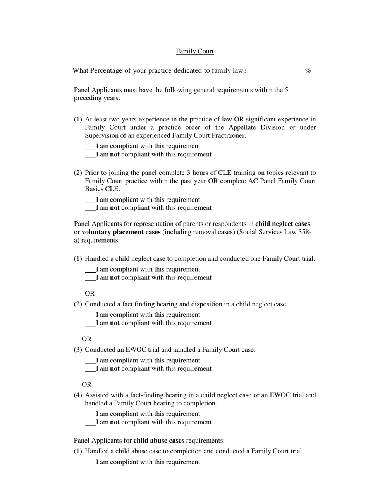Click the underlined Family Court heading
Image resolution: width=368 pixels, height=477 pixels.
point(194,51)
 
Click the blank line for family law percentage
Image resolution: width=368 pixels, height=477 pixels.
point(275,71)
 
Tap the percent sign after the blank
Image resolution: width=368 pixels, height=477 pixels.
point(308,70)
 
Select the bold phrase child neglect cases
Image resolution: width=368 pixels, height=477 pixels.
point(282,224)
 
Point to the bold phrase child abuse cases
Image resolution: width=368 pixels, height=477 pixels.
point(159,441)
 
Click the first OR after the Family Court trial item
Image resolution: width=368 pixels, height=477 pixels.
point(89,294)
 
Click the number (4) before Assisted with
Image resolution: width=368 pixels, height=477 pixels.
point(78,395)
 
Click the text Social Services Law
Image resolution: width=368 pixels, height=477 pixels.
point(275,232)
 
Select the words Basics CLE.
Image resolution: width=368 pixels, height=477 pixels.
point(102,189)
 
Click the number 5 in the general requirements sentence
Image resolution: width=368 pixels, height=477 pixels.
point(286,90)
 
